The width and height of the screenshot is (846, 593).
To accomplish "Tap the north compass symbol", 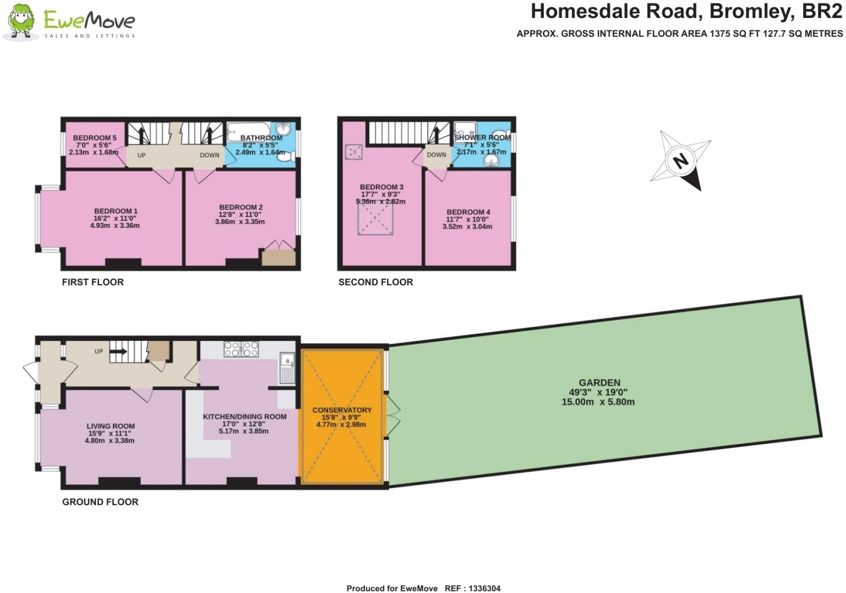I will tap(681, 160).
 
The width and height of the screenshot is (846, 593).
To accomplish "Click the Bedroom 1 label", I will tap(116, 211).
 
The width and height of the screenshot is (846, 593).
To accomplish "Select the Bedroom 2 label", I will tap(241, 207).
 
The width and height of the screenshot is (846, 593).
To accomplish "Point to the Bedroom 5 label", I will tap(94, 138).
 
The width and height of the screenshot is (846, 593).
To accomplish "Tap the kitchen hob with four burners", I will tap(241, 349).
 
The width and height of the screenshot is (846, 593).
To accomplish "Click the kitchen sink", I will tap(287, 367).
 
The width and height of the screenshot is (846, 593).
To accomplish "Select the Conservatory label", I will tap(341, 410).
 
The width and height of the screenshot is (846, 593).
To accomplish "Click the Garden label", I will tap(599, 382).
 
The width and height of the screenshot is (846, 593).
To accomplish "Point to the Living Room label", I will tap(111, 426).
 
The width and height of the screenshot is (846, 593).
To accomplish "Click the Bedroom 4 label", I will tap(468, 212).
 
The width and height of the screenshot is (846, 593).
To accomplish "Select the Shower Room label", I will tap(482, 138).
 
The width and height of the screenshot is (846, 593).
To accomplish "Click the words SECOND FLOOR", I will tap(376, 282).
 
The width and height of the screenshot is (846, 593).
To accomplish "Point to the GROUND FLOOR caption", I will tap(100, 502).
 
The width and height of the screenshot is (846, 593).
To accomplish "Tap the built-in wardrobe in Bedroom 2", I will tap(278, 256).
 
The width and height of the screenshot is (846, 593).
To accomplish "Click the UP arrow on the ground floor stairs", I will tap(119, 351).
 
